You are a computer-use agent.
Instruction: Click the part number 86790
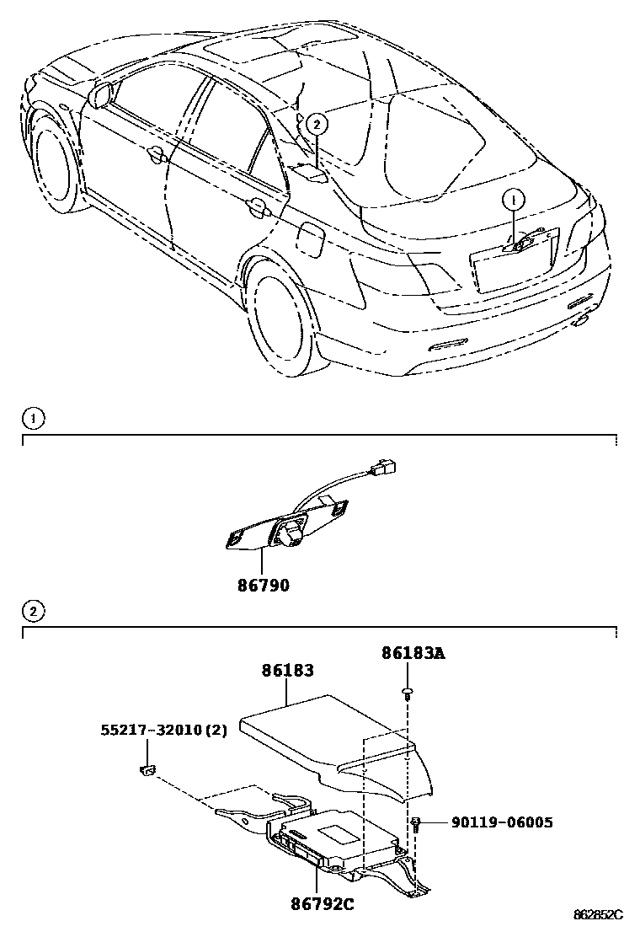tap(262, 584)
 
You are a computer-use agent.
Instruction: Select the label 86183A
tap(412, 652)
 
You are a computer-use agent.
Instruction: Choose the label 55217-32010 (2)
tap(163, 730)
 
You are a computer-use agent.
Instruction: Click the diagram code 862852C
tap(598, 915)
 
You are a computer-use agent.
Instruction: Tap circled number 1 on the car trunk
tap(513, 201)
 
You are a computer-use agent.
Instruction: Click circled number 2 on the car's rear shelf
tap(316, 125)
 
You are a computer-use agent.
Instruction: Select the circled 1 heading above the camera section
tap(31, 417)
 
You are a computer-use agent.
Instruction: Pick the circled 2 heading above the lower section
tap(31, 611)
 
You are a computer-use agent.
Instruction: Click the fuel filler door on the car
tap(309, 238)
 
